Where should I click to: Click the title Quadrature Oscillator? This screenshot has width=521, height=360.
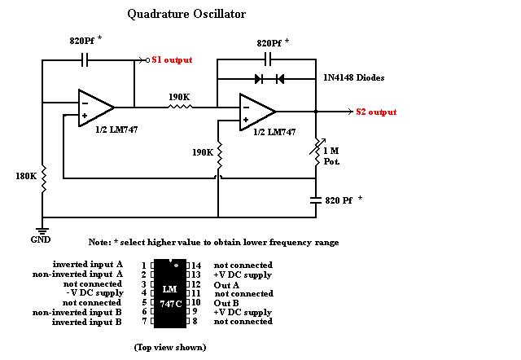[x=186, y=14]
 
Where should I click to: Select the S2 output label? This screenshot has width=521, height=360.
[x=376, y=112]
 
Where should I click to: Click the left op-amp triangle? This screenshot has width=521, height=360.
[x=94, y=108]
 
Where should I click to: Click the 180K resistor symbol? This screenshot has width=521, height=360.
[x=43, y=176]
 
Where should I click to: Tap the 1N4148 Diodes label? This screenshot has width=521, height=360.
[x=351, y=78]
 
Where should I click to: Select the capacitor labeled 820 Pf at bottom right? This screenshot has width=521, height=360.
[x=317, y=199]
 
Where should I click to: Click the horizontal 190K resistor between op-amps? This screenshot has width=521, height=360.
[x=178, y=107]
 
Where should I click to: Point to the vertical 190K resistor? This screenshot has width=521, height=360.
[x=218, y=152]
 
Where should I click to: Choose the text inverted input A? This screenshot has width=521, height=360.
[x=87, y=265]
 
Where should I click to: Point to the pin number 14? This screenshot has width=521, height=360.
[x=195, y=266]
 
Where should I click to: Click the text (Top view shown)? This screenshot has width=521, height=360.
[x=170, y=348]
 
